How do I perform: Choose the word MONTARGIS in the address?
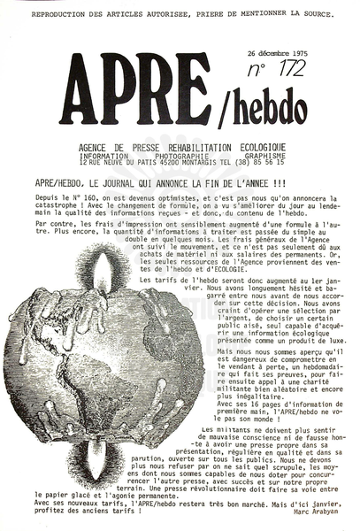[x=192, y=164]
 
